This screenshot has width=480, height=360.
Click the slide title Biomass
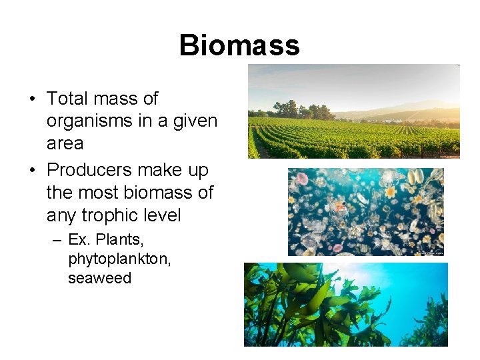[239, 45]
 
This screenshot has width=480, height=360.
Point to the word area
[65, 144]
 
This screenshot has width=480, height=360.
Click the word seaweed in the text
[99, 278]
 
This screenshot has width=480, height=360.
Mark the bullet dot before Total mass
[32, 99]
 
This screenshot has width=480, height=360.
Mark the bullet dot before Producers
[32, 171]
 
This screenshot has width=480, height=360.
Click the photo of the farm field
[353, 112]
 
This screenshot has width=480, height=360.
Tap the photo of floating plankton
[365, 211]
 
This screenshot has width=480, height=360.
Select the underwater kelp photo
[345, 304]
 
